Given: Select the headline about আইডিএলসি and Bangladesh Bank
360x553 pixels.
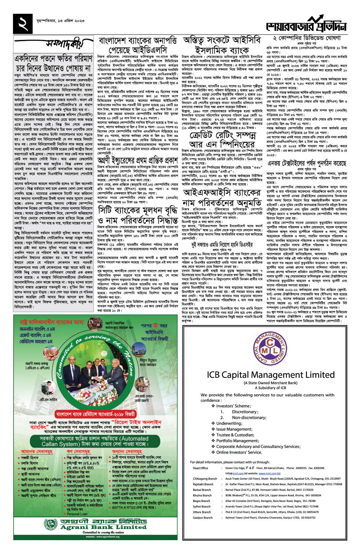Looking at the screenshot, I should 138,45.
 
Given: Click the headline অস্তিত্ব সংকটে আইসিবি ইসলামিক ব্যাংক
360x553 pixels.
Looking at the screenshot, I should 222,45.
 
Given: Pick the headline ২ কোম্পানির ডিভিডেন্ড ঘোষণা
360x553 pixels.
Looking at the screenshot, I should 307,38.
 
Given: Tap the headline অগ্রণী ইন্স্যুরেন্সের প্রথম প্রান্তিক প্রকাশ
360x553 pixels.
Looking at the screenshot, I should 138,160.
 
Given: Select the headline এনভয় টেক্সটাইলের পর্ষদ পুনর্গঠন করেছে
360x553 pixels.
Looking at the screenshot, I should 307,163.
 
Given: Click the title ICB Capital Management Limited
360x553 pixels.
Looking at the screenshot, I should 270,375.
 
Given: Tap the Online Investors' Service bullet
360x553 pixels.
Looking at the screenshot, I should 239,452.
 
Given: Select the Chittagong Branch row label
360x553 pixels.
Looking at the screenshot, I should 205,479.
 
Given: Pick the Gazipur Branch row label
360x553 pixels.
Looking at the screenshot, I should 202,518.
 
